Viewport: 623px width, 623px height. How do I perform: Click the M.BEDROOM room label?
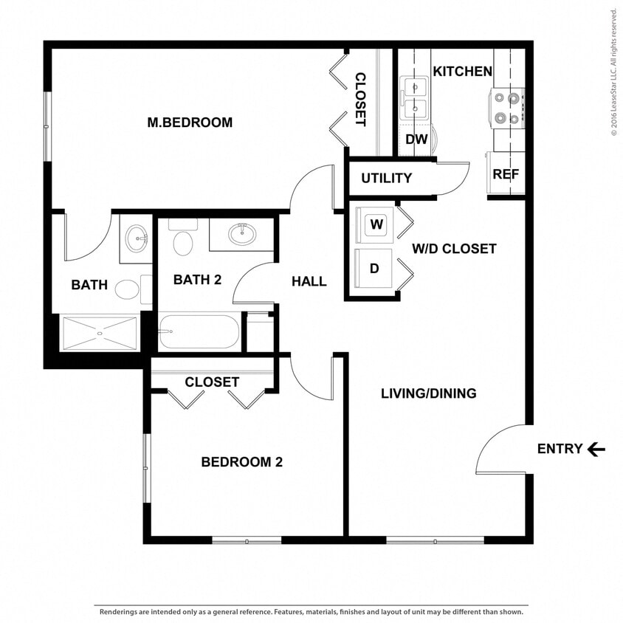click(190, 123)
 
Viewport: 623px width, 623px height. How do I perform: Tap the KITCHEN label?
click(462, 72)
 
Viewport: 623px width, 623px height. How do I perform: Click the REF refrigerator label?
click(506, 175)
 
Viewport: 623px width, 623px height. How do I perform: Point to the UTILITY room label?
click(386, 179)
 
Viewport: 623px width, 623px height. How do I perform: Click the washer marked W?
click(375, 225)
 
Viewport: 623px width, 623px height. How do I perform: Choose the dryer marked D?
click(374, 268)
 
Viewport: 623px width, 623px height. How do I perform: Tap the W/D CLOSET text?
click(454, 249)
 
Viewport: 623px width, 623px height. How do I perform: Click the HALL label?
click(309, 281)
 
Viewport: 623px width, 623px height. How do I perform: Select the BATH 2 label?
click(197, 280)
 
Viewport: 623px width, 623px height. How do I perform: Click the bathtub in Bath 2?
click(199, 332)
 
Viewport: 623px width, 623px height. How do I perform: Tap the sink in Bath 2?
click(241, 235)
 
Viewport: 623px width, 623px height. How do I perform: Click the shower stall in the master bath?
click(99, 334)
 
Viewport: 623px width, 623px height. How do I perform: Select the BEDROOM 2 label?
click(242, 462)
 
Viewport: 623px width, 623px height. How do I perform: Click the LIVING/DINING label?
click(428, 393)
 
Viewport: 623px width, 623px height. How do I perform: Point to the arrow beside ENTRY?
click(596, 449)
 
